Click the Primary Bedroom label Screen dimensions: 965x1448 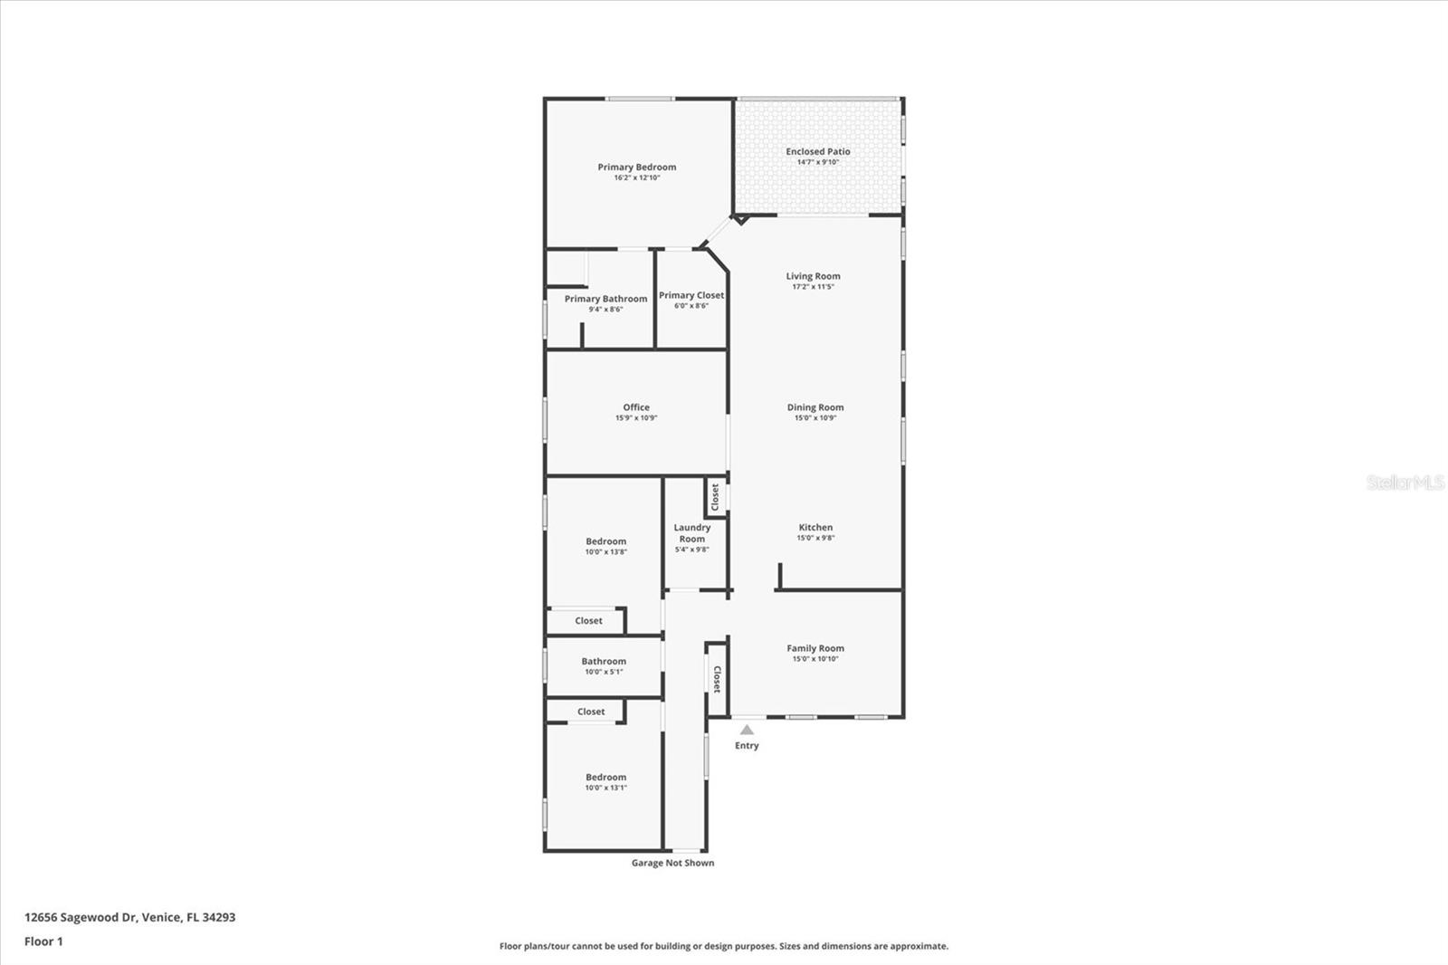tap(636, 167)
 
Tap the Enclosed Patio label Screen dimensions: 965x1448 tap(817, 152)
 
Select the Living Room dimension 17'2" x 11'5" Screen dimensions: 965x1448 tap(813, 287)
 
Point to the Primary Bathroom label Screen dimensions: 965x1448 tap(605, 299)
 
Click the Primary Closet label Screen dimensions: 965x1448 tap(691, 295)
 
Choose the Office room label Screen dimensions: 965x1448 tap(635, 407)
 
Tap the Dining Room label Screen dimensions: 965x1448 tap(814, 407)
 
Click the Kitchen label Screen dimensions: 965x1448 tap(814, 528)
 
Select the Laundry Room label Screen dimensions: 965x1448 tap(692, 533)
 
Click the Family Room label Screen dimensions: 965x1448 tap(814, 648)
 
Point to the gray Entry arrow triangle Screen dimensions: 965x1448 tap(747, 729)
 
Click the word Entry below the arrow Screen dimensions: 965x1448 tap(747, 746)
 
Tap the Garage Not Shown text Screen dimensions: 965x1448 tap(672, 863)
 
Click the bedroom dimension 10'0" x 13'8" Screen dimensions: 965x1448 tap(605, 552)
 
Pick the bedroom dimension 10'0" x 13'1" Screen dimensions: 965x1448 tap(605, 788)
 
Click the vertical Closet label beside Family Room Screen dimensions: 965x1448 tap(717, 679)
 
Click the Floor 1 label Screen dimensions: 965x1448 tap(43, 941)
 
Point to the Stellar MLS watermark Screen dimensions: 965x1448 tap(1405, 482)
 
